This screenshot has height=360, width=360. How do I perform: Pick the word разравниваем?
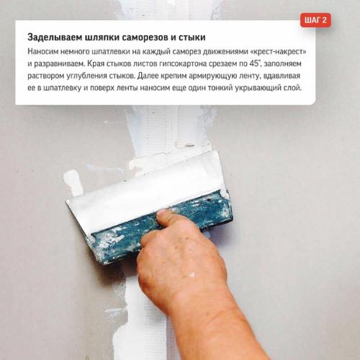point(63,64)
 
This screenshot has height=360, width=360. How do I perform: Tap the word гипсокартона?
point(189,64)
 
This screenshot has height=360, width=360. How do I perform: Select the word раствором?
point(48,76)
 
